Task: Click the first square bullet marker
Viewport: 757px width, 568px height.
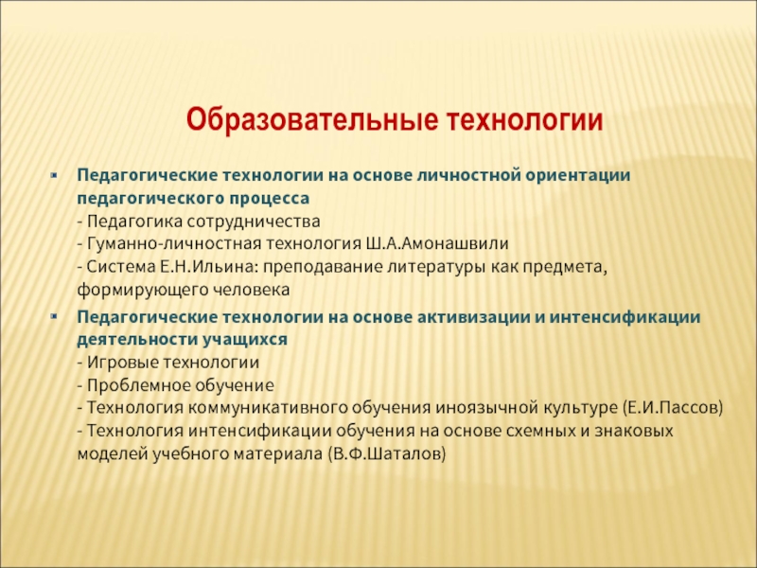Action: click(54, 175)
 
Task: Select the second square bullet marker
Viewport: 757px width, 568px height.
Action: click(54, 317)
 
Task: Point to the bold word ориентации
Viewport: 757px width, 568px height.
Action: click(578, 175)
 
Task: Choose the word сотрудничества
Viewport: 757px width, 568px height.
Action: click(254, 222)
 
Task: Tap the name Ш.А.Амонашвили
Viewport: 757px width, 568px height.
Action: click(437, 243)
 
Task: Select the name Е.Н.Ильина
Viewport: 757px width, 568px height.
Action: click(206, 267)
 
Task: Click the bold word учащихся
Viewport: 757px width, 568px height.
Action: click(245, 340)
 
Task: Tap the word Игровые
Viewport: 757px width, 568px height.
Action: click(122, 363)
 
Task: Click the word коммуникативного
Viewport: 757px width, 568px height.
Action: click(267, 408)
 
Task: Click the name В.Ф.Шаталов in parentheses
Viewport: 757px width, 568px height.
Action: click(387, 454)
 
